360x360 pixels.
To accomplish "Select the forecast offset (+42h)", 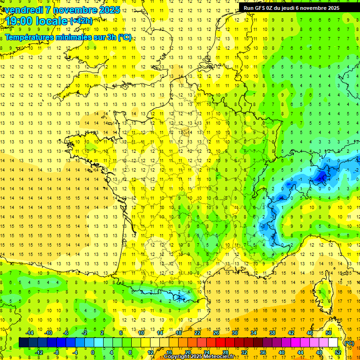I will coord(81,21).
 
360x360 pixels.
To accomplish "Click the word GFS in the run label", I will coord(262,8).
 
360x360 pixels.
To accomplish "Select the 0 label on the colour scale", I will coord(93,352).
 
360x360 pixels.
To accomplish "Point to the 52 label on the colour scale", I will coord(338,352).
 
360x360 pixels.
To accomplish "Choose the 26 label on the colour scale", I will coord(216,333).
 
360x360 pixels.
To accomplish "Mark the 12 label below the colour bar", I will coord(150,352).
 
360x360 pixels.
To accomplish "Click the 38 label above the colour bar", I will coord(272,333).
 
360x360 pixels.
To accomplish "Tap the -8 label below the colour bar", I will coord(56,352).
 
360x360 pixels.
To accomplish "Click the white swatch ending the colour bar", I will coord(333,343).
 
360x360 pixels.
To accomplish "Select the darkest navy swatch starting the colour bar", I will coord(23,343).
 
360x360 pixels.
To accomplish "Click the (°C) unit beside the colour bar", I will coord(349,343).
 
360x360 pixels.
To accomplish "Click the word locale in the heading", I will coord(52,21).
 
